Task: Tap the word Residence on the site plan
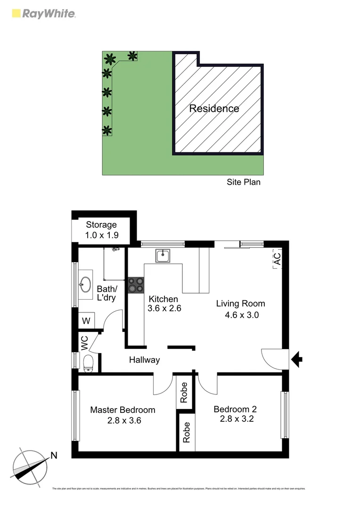pyautogui.click(x=214, y=108)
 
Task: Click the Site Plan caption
pyautogui.click(x=243, y=182)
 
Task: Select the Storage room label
pyautogui.click(x=101, y=225)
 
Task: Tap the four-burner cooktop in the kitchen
pyautogui.click(x=136, y=285)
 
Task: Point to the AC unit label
pyautogui.click(x=277, y=259)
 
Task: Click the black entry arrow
pyautogui.click(x=296, y=361)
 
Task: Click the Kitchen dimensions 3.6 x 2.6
pyautogui.click(x=165, y=309)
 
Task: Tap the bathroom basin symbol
pyautogui.click(x=86, y=284)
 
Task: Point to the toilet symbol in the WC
pyautogui.click(x=88, y=363)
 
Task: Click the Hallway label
pyautogui.click(x=145, y=360)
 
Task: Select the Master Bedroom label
pyautogui.click(x=123, y=410)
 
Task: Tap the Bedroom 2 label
pyautogui.click(x=235, y=409)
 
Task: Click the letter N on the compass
pyautogui.click(x=54, y=455)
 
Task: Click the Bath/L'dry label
pyautogui.click(x=106, y=293)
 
